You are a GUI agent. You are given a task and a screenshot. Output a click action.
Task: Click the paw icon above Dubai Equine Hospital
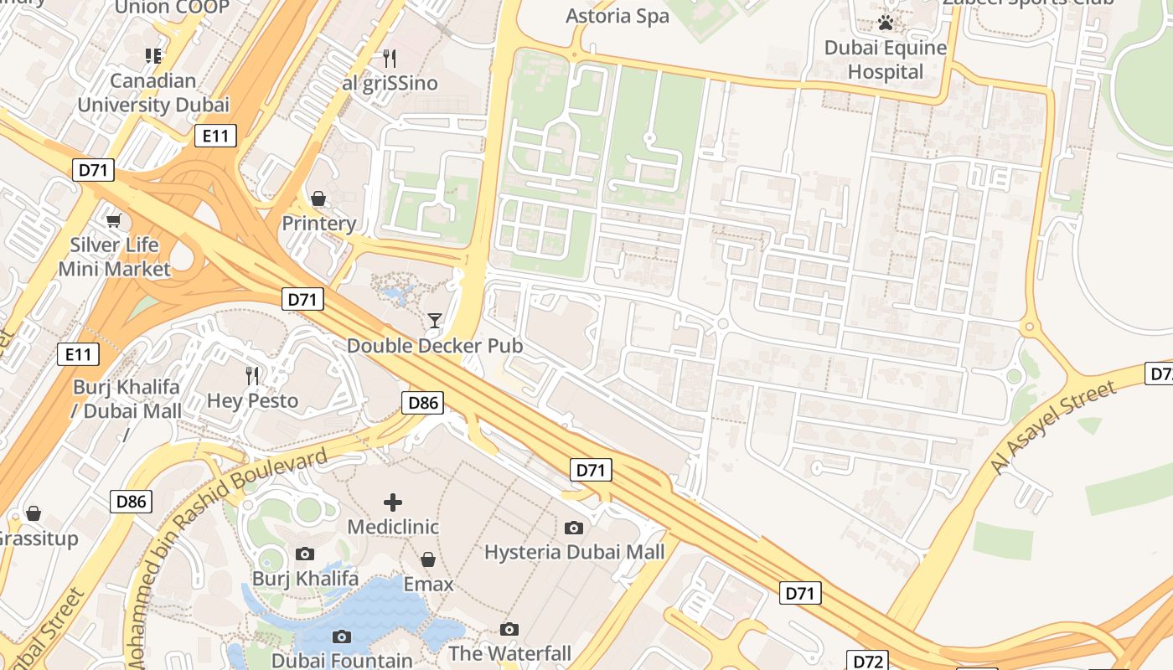(x=886, y=23)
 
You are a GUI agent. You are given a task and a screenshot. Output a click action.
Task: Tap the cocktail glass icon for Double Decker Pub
(x=434, y=320)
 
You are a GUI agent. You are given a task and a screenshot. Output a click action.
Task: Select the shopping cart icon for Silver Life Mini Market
(x=113, y=220)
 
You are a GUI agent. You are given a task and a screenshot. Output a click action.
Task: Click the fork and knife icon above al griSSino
(x=389, y=58)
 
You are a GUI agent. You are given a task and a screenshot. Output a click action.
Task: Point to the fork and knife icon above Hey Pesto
(x=252, y=375)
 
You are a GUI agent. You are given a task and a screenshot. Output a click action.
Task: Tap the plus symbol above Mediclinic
(x=393, y=502)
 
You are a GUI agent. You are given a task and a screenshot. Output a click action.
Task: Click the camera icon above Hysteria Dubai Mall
(x=574, y=527)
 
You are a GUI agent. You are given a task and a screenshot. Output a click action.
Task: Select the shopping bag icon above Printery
(x=318, y=198)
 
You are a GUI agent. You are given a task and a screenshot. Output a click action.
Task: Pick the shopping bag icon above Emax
(x=428, y=559)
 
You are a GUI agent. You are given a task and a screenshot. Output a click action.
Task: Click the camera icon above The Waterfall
(x=509, y=629)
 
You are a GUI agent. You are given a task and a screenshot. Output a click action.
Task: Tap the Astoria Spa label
(x=618, y=16)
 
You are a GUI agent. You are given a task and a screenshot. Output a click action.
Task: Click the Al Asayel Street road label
(x=1053, y=427)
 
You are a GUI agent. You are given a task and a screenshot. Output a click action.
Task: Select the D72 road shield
(x=868, y=661)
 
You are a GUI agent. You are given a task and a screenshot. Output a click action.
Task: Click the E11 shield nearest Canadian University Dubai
(x=215, y=136)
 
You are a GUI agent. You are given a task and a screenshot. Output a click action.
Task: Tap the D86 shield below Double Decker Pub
(x=423, y=403)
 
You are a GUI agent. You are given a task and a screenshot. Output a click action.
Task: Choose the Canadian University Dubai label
(x=153, y=93)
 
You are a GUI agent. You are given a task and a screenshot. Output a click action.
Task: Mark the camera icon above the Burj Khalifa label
(x=305, y=554)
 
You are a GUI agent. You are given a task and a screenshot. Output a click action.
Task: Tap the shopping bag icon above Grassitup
(x=34, y=513)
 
